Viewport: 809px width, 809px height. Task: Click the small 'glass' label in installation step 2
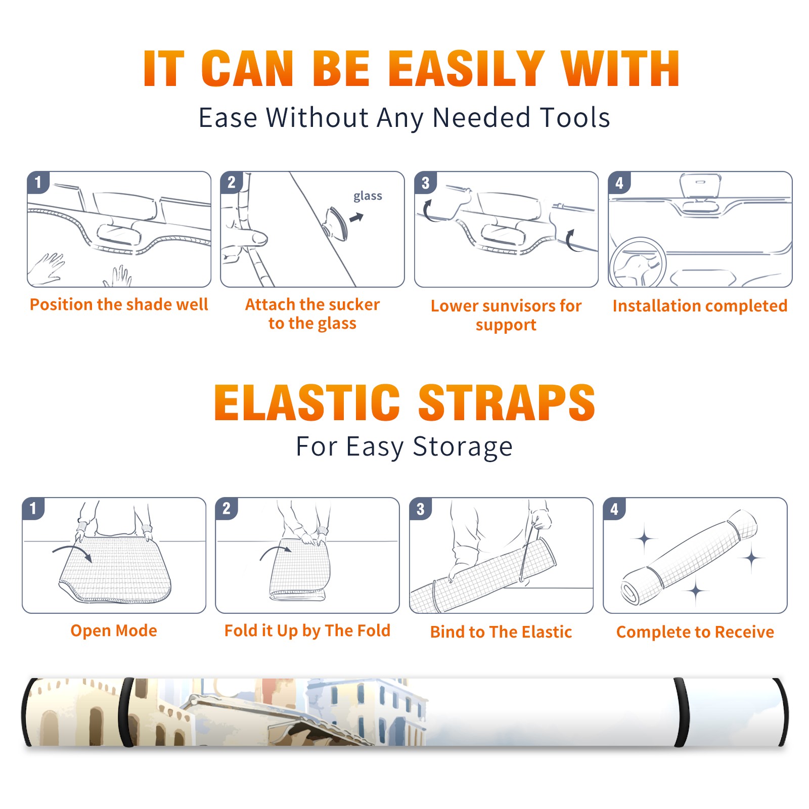click(x=368, y=196)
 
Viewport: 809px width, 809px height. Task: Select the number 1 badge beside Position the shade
click(x=38, y=182)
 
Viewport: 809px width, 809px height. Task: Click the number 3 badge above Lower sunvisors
click(x=426, y=182)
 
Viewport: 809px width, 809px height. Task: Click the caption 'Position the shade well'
click(x=119, y=304)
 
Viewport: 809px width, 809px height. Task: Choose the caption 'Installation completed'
click(x=700, y=306)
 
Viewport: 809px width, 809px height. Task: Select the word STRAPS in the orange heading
click(x=507, y=402)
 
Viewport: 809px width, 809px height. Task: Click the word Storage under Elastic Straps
click(x=463, y=447)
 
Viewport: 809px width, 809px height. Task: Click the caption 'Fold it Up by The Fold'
click(x=307, y=631)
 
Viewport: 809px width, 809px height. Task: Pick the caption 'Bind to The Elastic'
click(x=501, y=632)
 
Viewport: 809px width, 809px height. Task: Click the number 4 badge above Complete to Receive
click(x=615, y=509)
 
